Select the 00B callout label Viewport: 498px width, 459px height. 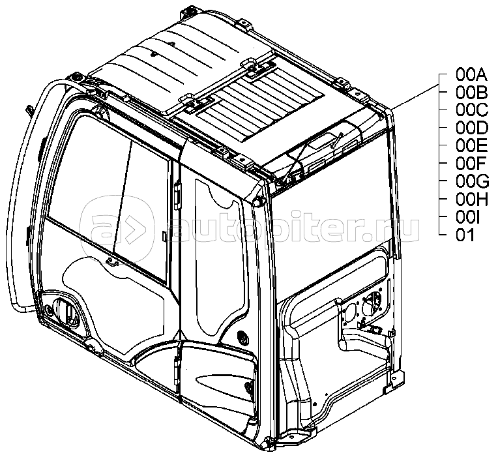[469, 92]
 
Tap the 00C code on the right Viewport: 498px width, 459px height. [469, 110]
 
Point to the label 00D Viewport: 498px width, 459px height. [469, 127]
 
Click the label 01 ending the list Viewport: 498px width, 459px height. [465, 235]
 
